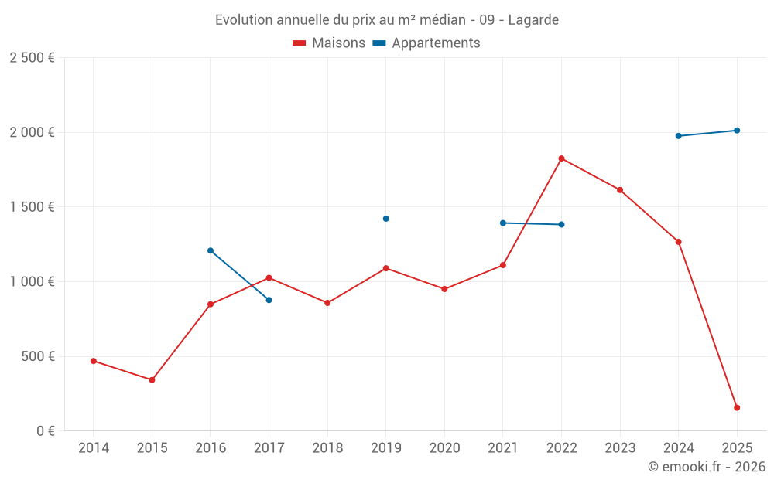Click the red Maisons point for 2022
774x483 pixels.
561,158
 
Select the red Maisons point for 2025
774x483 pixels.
737,407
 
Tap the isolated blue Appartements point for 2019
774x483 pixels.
385,219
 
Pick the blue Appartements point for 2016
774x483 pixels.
211,250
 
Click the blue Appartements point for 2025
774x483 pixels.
737,131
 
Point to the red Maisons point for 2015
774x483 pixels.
152,380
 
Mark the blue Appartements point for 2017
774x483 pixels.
269,300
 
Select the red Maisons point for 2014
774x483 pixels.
94,361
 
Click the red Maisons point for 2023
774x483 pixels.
620,190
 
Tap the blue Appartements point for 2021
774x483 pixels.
502,223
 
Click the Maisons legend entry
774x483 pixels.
329,43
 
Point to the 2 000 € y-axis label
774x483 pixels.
32,132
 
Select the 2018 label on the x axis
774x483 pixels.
327,447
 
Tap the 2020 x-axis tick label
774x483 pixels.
444,447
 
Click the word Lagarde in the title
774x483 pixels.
533,20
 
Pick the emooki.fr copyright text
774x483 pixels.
706,467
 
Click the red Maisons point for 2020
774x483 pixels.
444,289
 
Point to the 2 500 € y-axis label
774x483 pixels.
32,58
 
